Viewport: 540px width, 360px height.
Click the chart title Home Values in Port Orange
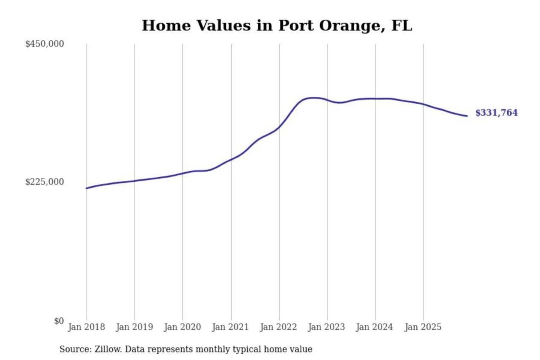coord(277,25)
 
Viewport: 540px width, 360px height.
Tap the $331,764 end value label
coord(496,113)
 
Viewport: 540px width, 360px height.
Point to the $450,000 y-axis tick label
coord(45,44)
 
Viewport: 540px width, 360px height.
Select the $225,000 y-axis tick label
coord(45,182)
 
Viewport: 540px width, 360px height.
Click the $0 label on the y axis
coord(59,321)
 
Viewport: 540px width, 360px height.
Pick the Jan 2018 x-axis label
coord(87,327)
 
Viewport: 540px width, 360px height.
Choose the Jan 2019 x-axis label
coord(135,327)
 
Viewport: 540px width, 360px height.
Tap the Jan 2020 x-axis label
coord(183,327)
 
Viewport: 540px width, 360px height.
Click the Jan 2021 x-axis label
coord(231,327)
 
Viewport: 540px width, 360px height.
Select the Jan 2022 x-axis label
coord(279,327)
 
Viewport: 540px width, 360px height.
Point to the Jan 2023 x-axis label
coord(327,327)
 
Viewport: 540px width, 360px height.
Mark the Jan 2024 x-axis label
coord(375,327)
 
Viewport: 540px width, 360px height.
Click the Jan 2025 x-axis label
coord(423,327)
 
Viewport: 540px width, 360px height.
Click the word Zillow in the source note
coord(108,349)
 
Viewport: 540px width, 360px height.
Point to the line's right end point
coord(467,116)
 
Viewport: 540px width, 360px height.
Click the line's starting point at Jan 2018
coord(87,188)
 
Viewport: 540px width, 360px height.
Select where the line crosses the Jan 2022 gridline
coord(279,127)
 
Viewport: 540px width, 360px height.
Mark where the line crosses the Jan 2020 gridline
coord(183,173)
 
